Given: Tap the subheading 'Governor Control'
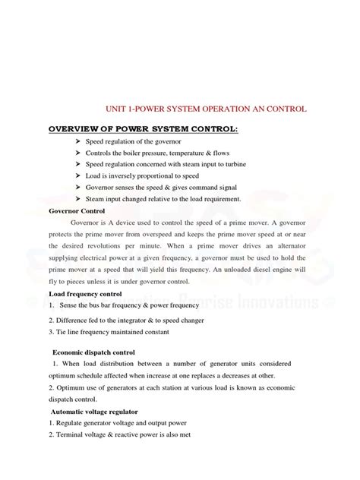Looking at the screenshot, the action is (80, 210).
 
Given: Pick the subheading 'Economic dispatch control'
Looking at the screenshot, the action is (94, 352).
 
